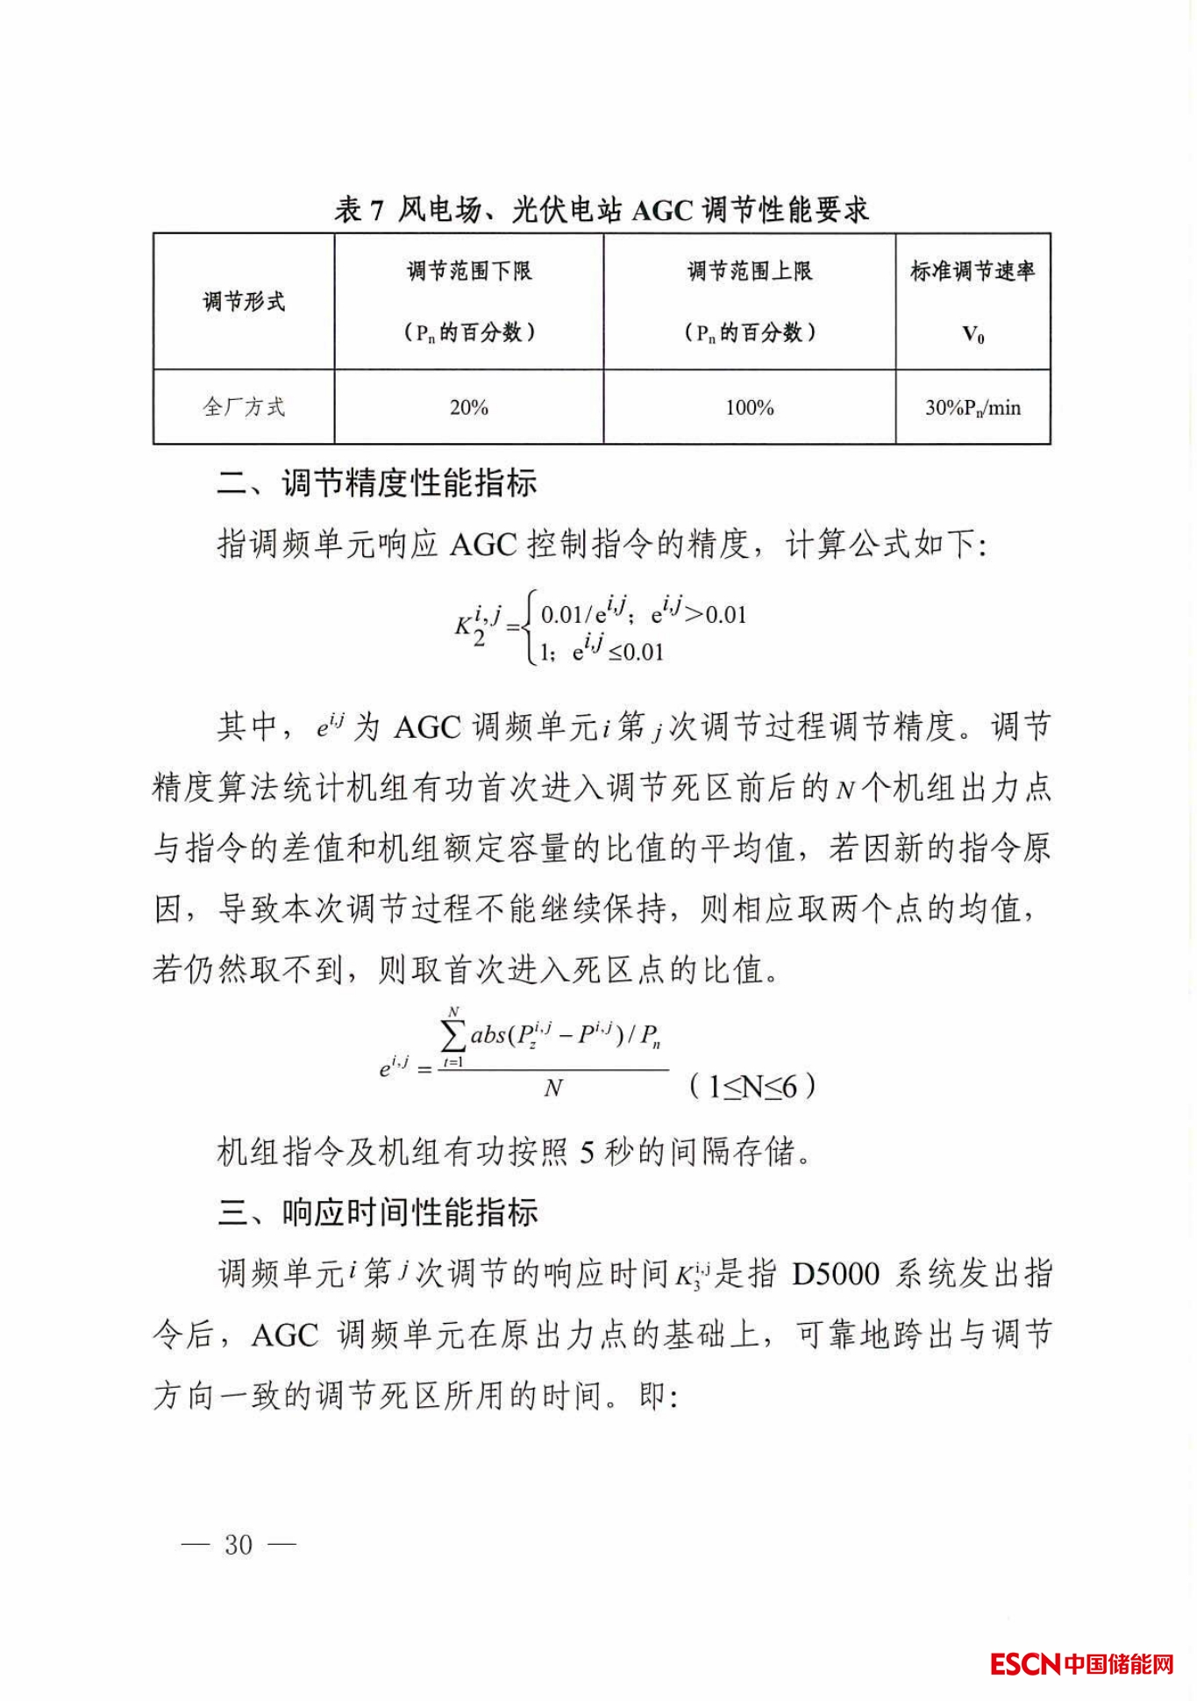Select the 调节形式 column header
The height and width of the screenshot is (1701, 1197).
click(244, 302)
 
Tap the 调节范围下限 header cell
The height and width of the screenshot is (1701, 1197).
click(469, 271)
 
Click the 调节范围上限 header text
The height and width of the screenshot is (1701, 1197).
click(749, 271)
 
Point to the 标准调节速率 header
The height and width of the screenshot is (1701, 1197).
click(972, 271)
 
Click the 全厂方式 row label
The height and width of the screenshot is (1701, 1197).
click(244, 407)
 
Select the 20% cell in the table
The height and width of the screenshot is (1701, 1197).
click(469, 408)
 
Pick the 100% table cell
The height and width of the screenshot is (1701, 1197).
click(749, 408)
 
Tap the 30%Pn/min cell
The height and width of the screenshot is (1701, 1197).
click(973, 408)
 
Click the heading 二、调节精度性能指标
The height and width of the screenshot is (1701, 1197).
click(377, 483)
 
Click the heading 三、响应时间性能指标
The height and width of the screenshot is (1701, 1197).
click(377, 1213)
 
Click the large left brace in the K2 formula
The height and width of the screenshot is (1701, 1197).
click(529, 633)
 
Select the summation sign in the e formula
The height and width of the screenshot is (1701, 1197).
click(453, 1038)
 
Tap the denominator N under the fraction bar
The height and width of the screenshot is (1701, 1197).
click(552, 1089)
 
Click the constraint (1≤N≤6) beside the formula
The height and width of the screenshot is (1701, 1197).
click(752, 1088)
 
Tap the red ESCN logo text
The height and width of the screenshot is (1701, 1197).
click(1024, 1663)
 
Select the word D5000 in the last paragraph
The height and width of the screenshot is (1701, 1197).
click(835, 1274)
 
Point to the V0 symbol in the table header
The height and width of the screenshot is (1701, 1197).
click(973, 334)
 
